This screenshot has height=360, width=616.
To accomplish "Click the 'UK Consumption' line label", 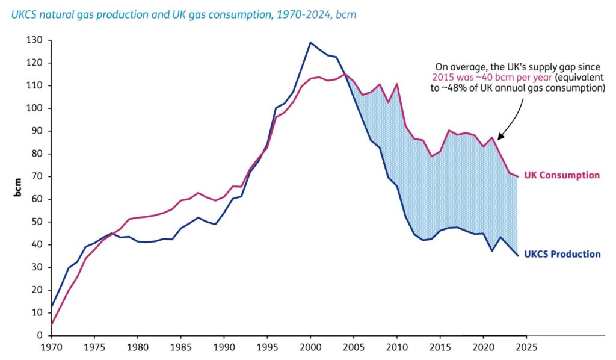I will click(562, 175).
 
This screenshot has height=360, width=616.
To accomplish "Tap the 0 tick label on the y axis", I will click(40, 335).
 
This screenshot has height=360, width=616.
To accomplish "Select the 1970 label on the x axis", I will click(51, 347).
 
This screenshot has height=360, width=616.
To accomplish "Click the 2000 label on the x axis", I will click(310, 347).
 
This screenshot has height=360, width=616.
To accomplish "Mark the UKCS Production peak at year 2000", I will click(310, 42).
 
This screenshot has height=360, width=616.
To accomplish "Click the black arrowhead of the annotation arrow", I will click(499, 137).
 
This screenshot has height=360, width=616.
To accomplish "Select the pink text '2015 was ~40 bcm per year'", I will click(486, 77).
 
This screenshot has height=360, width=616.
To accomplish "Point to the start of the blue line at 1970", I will click(52, 307).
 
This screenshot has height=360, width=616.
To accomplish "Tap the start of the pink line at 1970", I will click(52, 324).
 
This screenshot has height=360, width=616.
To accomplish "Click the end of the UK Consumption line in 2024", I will click(517, 176).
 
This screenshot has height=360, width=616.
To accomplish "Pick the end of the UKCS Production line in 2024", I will click(517, 255).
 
